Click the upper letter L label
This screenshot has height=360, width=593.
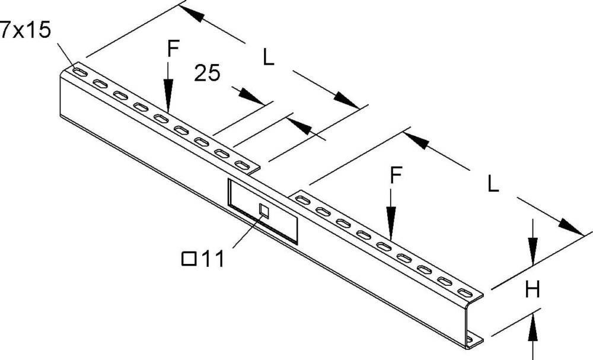click(269, 58)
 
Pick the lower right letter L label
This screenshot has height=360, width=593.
click(493, 184)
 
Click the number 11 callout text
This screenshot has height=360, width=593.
click(212, 259)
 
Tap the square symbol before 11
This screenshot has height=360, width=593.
click(189, 259)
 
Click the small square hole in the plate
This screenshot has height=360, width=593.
click(264, 211)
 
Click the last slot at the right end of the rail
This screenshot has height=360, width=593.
click(466, 293)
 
